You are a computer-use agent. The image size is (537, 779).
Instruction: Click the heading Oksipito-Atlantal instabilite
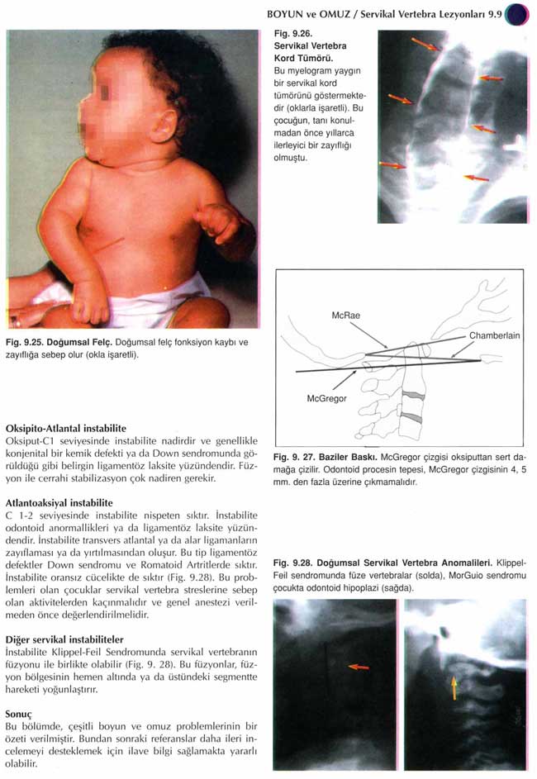[x=65, y=429]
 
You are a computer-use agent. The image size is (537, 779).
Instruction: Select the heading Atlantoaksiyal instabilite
[x=59, y=502]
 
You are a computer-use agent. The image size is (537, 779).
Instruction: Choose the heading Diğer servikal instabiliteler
[x=64, y=639]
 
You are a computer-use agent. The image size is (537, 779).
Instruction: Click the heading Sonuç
[x=19, y=711]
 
